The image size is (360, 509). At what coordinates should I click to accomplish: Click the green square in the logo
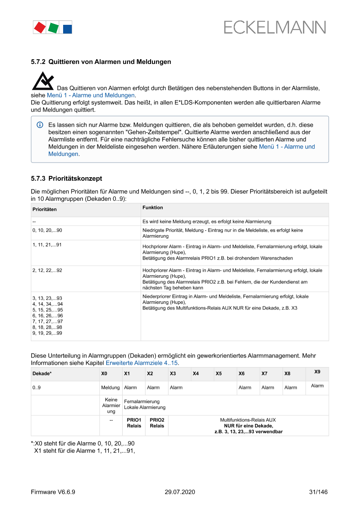pos(53,28)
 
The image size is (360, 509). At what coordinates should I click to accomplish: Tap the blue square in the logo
pos(67,29)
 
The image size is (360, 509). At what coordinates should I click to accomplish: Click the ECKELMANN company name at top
pos(275,27)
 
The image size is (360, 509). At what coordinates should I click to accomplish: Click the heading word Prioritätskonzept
pos(75,179)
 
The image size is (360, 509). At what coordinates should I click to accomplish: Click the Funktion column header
pos(152,208)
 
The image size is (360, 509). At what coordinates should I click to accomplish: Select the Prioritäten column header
pos(44,209)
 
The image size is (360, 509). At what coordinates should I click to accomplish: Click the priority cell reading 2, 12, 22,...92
pos(47,270)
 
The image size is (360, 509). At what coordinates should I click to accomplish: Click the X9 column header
pos(317,371)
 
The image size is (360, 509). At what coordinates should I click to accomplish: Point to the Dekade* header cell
pos(42,374)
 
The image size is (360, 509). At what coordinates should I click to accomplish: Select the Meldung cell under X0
pos(111,388)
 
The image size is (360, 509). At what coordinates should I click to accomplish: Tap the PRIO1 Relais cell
pos(134,423)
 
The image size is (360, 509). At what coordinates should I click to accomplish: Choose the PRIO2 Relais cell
pos(157,423)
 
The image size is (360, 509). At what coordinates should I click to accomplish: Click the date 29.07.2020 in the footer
pos(180,492)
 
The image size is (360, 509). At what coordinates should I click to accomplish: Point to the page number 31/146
pos(318,492)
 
